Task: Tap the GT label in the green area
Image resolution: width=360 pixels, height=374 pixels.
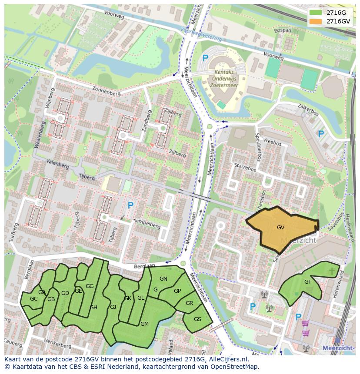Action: click(x=308, y=282)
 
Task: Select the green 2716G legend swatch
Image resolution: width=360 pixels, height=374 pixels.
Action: click(x=315, y=12)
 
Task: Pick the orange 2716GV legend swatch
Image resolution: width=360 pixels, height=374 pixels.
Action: click(x=315, y=21)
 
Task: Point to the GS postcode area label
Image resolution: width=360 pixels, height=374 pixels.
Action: click(x=197, y=319)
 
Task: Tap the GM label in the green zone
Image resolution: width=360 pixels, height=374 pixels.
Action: click(x=144, y=324)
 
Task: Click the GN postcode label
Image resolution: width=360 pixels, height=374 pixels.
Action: click(x=163, y=279)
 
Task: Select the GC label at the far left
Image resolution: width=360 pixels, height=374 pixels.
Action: click(x=33, y=299)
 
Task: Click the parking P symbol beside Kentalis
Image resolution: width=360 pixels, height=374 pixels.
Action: click(x=205, y=58)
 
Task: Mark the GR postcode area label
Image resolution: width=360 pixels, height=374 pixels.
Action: click(x=189, y=303)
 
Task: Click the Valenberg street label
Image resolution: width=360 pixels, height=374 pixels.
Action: click(x=57, y=165)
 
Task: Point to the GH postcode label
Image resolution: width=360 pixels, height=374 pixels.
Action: click(x=93, y=308)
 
